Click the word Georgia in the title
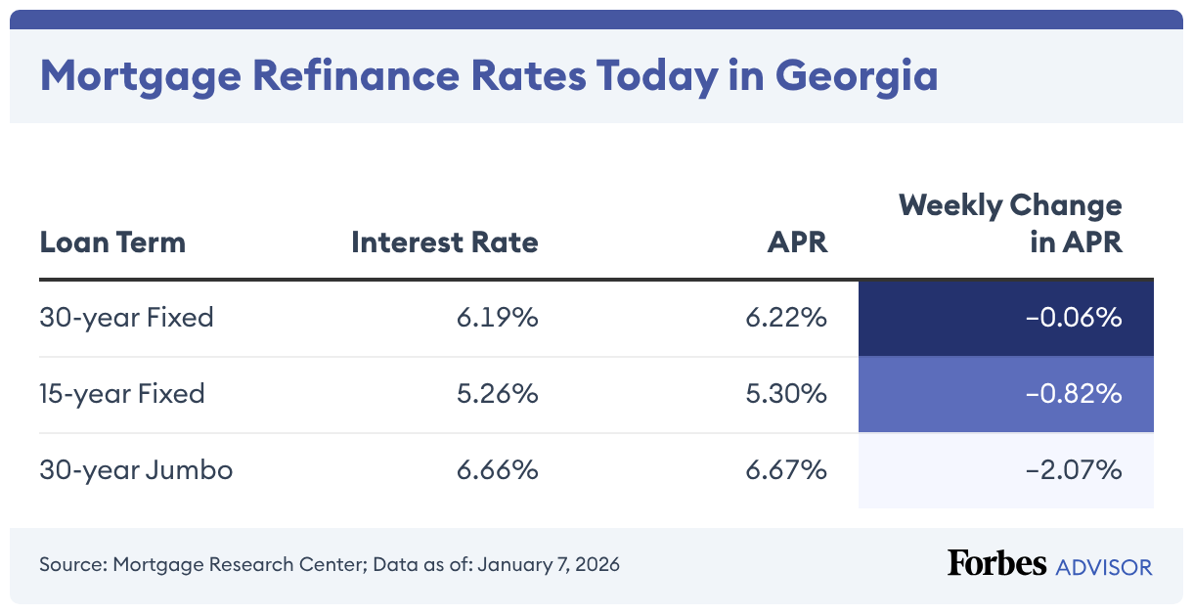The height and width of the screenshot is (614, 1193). (856, 76)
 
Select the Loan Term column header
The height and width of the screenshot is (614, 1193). (112, 241)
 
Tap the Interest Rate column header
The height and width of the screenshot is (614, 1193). (444, 241)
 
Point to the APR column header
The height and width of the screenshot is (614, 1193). (797, 241)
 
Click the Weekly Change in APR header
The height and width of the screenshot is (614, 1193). (1010, 223)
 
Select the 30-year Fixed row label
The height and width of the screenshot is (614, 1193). (126, 318)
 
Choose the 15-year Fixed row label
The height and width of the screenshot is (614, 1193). (122, 394)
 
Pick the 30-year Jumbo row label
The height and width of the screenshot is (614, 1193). (136, 470)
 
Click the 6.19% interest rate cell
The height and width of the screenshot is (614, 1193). (497, 318)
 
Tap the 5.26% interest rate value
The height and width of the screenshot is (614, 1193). (497, 394)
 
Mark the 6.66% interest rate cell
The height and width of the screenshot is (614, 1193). (497, 470)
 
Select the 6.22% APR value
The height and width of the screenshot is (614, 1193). (786, 318)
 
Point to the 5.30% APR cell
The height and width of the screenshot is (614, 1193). (786, 394)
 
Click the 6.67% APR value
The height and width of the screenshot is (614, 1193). (786, 470)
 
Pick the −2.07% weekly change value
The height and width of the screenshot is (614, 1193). (1072, 470)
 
